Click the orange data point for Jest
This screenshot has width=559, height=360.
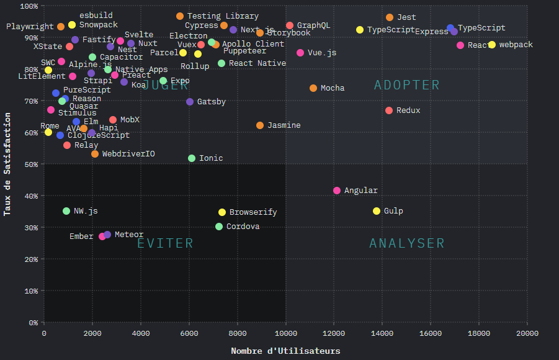390,17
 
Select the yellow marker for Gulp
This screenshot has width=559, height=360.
377,211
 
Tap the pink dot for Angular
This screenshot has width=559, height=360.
337,191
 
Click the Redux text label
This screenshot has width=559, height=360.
408,110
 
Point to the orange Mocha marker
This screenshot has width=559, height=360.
313,88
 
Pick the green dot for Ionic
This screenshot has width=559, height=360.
192,158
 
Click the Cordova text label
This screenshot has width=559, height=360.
243,227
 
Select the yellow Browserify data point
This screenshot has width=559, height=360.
222,212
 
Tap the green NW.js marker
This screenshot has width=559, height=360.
66,211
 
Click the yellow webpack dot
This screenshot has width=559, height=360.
492,45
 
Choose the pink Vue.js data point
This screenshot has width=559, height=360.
300,53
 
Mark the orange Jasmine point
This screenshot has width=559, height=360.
260,125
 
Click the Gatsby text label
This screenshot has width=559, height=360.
211,102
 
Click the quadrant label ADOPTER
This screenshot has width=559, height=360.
407,85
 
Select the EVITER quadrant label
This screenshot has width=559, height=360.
165,243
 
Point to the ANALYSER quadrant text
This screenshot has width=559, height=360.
407,243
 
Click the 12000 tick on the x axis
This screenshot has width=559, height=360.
334,333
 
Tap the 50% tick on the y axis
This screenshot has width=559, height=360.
29,164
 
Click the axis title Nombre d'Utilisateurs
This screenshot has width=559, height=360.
285,351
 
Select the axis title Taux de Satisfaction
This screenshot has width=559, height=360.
8,164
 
